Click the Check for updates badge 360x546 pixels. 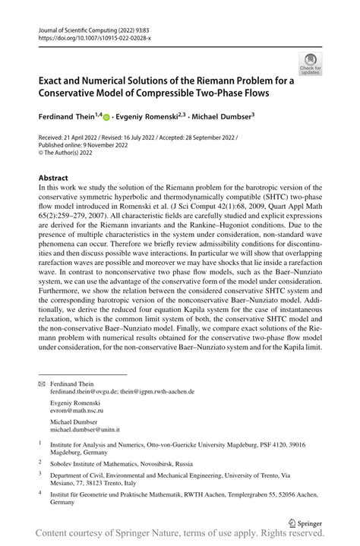click(x=311, y=64)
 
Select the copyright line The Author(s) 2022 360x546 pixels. click(x=73, y=154)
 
